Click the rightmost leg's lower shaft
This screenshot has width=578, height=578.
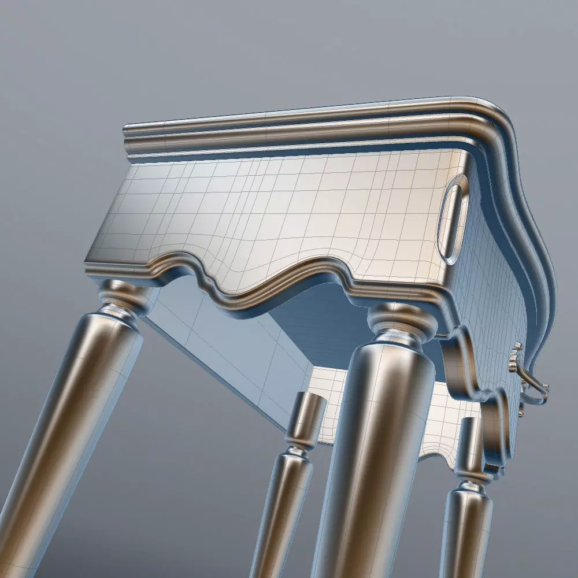[x=465, y=532]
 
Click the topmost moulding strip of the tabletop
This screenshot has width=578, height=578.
[x=289, y=118]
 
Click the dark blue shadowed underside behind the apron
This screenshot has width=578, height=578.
[x=324, y=324]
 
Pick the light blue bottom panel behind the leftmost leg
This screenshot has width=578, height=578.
[x=231, y=358]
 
